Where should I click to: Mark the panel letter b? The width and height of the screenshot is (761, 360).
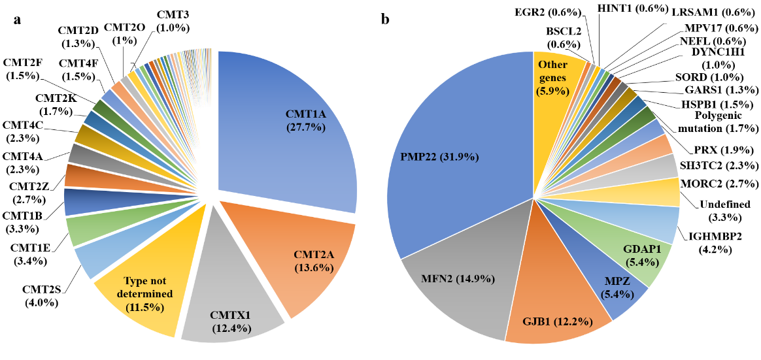pyautogui.click(x=386, y=20)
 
